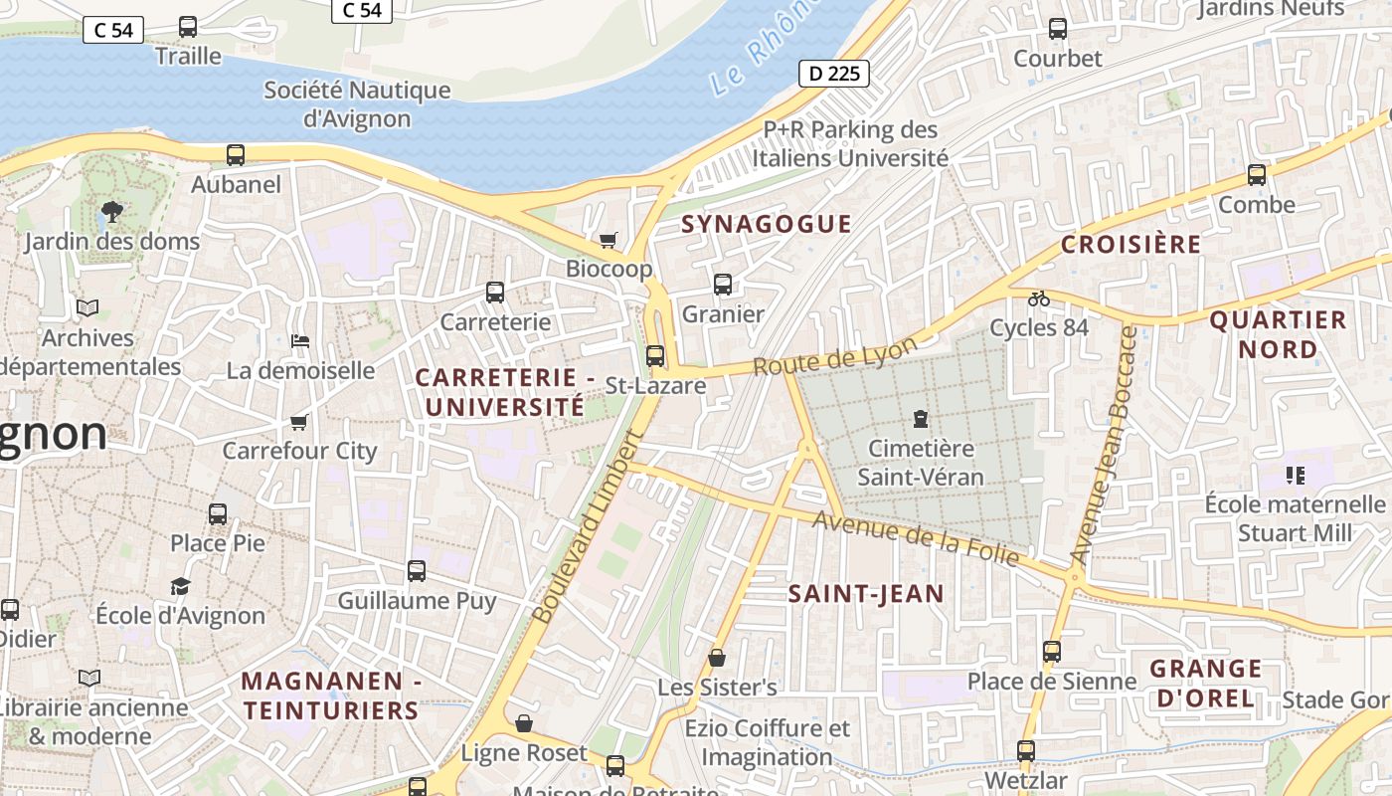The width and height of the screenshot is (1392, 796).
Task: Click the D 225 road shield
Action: pos(834,73)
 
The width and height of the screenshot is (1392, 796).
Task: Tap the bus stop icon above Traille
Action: pos(188,27)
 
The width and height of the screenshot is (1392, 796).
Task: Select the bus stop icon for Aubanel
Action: pos(236,155)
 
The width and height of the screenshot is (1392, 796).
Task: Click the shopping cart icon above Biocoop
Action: pos(608,240)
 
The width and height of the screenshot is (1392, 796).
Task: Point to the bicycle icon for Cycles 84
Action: pos(1039,298)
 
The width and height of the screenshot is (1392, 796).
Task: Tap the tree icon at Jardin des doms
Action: pos(111,211)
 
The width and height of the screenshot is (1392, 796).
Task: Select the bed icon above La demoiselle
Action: pos(299,341)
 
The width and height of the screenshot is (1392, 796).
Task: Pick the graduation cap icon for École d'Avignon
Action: pos(180,586)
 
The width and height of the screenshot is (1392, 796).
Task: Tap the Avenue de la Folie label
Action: pos(916,538)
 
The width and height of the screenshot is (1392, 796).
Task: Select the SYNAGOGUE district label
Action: pos(766,224)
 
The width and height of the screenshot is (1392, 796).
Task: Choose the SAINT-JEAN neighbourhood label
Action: pos(865,594)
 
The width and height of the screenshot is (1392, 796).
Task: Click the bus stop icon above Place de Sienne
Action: pos(1052,652)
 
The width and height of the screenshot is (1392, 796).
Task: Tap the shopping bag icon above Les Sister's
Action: pos(717,658)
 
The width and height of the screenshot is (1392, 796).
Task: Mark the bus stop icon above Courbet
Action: pos(1058,29)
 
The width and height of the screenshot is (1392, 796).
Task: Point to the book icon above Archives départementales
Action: pos(87,308)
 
